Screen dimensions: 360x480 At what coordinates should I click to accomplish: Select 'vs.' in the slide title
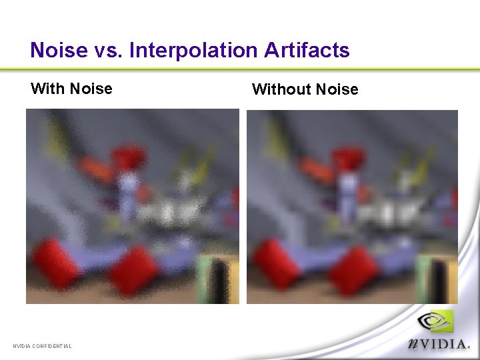tap(108, 51)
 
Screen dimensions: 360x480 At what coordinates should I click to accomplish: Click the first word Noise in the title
tap(59, 51)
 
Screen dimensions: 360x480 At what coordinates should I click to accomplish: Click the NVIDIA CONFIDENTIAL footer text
tap(42, 345)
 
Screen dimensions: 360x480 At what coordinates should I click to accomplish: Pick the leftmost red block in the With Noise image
tap(55, 263)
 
